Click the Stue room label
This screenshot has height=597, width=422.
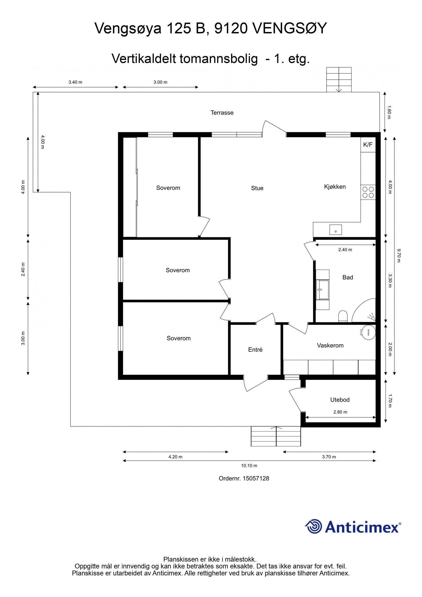[x=257, y=188]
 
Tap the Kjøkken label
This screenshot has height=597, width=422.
[x=335, y=187]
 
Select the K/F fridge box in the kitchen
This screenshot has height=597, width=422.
[x=368, y=145]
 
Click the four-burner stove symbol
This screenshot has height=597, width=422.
[x=368, y=192]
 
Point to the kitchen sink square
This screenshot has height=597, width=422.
[x=335, y=230]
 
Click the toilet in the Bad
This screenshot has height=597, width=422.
[x=343, y=316]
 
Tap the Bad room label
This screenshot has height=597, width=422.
[x=348, y=277]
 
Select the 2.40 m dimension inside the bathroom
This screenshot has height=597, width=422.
[x=345, y=250]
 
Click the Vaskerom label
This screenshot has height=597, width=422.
[x=330, y=345]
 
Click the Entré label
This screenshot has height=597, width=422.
[x=255, y=350]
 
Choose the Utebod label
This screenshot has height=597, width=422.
[x=340, y=400]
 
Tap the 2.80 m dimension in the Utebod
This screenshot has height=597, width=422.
[x=340, y=412]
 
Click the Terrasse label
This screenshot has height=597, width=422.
[x=222, y=113]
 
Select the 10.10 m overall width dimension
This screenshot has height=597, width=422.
[x=249, y=466]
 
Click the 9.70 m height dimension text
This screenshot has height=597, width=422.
[x=399, y=255]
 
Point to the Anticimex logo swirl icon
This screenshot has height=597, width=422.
[x=314, y=526]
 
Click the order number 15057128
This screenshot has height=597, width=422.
[x=256, y=479]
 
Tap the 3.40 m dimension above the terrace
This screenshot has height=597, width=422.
[x=75, y=82]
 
